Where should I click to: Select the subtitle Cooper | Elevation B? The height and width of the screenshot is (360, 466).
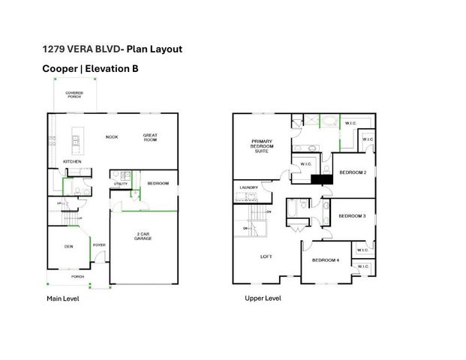click(90, 68)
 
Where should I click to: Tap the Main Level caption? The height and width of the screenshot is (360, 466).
click(63, 298)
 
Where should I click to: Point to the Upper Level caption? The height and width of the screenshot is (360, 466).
click(263, 298)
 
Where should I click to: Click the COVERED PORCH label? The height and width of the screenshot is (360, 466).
click(74, 95)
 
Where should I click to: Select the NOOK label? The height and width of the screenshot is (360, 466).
click(112, 136)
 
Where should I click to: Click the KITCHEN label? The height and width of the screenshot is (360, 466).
click(72, 161)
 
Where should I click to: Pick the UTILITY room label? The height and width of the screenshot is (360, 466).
click(120, 184)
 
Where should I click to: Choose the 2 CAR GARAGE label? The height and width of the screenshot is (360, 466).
click(143, 236)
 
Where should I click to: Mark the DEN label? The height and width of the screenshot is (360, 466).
click(68, 245)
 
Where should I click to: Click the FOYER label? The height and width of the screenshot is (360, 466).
click(98, 245)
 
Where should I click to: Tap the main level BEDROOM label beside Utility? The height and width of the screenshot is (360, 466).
click(158, 183)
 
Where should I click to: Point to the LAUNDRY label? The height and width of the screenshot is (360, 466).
click(248, 187)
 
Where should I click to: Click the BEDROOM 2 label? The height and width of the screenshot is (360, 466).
click(352, 172)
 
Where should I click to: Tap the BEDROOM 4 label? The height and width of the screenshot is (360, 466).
click(326, 259)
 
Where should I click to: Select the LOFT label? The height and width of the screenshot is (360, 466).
click(266, 256)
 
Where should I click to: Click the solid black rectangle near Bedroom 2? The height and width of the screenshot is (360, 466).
click(322, 179)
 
